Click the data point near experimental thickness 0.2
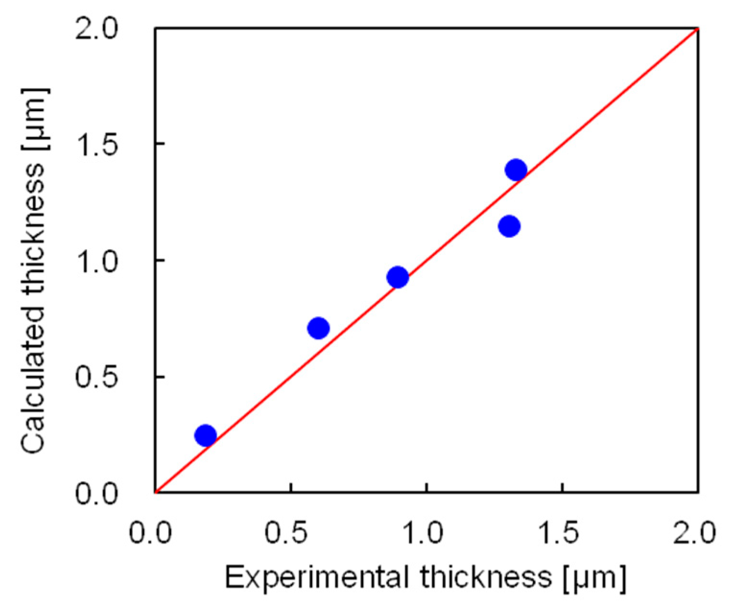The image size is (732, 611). [206, 435]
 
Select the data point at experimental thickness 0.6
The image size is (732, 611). [318, 328]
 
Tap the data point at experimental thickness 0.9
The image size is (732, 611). [397, 277]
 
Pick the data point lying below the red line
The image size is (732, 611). [509, 226]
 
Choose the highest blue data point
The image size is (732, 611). [516, 170]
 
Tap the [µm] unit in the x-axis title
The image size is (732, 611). [595, 577]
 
